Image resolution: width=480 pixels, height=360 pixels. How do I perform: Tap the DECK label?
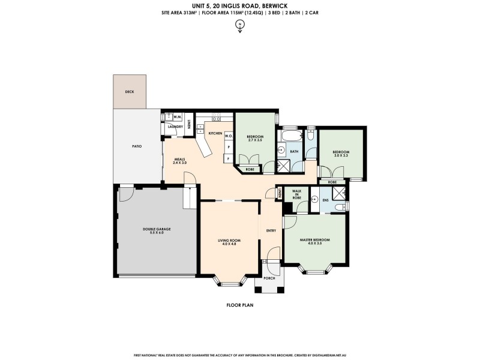(129, 92)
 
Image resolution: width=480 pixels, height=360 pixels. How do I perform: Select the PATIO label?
(137, 146)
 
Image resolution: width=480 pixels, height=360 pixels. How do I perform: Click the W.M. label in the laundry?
(178, 117)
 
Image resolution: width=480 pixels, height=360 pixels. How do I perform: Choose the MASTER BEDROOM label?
(314, 239)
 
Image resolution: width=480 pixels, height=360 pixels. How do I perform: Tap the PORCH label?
(269, 278)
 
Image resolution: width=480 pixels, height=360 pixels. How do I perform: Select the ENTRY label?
(271, 230)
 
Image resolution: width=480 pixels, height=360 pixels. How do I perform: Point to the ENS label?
(325, 199)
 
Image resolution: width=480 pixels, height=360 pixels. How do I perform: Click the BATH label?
(294, 152)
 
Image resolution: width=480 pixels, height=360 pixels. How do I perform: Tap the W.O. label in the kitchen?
(228, 136)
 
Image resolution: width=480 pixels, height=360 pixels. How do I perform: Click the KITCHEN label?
(215, 133)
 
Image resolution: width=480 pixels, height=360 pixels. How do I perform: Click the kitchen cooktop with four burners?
(215, 119)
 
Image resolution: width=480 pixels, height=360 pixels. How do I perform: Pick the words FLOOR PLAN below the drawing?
(239, 305)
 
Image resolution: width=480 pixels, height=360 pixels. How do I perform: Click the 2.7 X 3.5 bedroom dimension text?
(255, 140)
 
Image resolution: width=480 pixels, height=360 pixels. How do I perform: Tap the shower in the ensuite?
(339, 194)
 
